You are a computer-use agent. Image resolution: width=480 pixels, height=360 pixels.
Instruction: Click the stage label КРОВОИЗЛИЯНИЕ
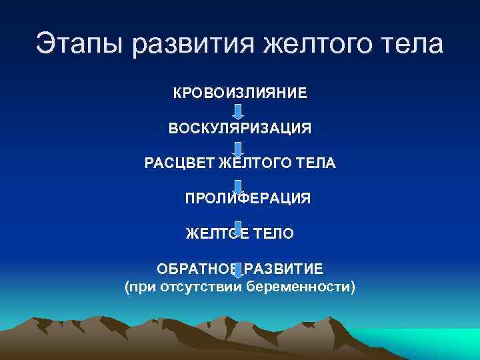[240, 92]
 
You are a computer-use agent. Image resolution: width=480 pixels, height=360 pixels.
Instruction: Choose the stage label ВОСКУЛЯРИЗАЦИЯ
[240, 128]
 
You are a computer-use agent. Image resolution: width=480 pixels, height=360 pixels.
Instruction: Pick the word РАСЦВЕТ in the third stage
[179, 163]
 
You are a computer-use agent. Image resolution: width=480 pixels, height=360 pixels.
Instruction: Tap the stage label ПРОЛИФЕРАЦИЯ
[247, 199]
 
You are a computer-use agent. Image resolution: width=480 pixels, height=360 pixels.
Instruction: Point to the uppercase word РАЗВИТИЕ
[284, 269]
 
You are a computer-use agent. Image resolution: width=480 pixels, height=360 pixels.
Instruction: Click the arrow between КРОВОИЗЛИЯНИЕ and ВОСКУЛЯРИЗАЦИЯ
[239, 111]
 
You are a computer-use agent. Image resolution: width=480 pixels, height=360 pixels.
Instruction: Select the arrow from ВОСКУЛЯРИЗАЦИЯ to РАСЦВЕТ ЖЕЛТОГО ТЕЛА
[239, 146]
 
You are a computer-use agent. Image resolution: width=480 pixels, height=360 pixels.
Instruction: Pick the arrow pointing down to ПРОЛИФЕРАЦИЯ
[239, 183]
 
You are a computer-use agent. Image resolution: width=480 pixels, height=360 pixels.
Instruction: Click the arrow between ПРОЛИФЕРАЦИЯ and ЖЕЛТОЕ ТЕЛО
[239, 217]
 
